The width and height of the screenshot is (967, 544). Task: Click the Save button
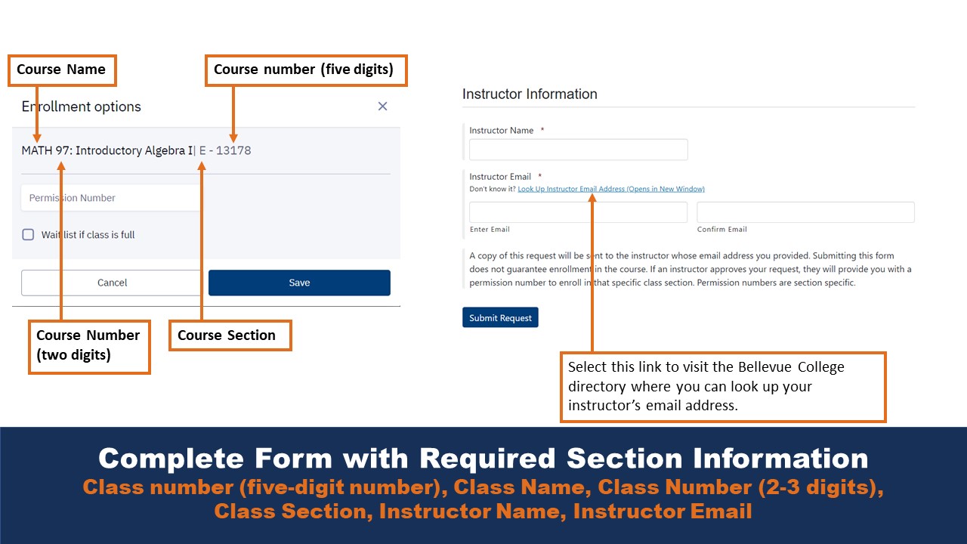pyautogui.click(x=299, y=283)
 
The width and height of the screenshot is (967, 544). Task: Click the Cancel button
pyautogui.click(x=112, y=283)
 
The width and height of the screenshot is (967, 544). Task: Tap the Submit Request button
pyautogui.click(x=500, y=318)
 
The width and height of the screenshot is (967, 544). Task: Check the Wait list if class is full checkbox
pyautogui.click(x=28, y=235)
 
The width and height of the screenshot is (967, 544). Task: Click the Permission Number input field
pyautogui.click(x=110, y=198)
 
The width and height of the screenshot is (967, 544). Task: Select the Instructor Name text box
pyautogui.click(x=578, y=150)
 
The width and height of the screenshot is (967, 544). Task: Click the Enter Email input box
pyautogui.click(x=578, y=212)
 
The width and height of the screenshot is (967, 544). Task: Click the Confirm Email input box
pyautogui.click(x=805, y=212)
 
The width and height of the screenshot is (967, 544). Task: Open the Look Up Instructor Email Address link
pyautogui.click(x=610, y=189)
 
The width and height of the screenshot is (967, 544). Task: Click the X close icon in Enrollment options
pyautogui.click(x=382, y=107)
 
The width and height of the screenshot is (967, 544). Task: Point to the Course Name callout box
pyautogui.click(x=61, y=70)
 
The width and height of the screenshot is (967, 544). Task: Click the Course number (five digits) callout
pyautogui.click(x=306, y=70)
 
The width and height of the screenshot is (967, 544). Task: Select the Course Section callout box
pyautogui.click(x=230, y=335)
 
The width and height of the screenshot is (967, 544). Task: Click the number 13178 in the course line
pyautogui.click(x=233, y=150)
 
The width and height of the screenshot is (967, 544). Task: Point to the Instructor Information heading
pyautogui.click(x=530, y=94)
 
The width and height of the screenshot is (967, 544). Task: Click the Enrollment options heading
pyautogui.click(x=82, y=107)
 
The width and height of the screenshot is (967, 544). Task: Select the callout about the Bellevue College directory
pyautogui.click(x=723, y=386)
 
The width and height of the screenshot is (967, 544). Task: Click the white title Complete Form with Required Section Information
pyautogui.click(x=483, y=459)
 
